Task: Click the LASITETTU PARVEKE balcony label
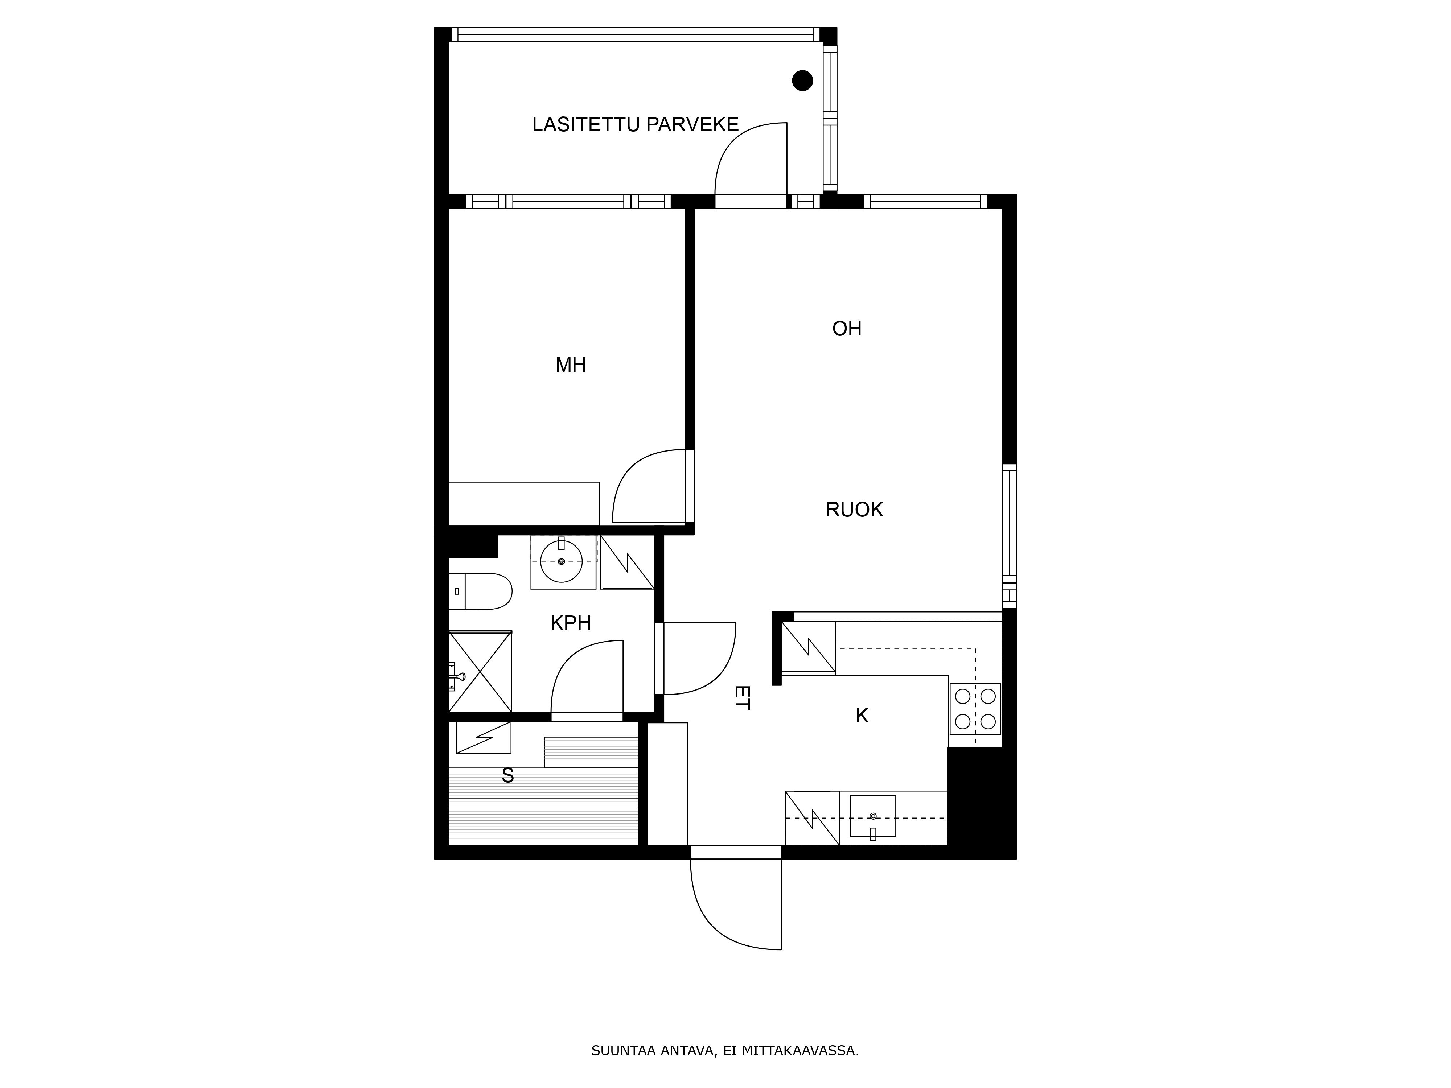[x=635, y=125]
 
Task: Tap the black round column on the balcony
[x=802, y=81]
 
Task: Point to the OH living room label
[x=847, y=329]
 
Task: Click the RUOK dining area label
[x=854, y=510]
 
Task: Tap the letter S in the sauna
[x=508, y=776]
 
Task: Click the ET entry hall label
[x=742, y=698]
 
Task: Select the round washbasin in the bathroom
[x=562, y=561]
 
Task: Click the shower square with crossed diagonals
[x=480, y=672]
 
